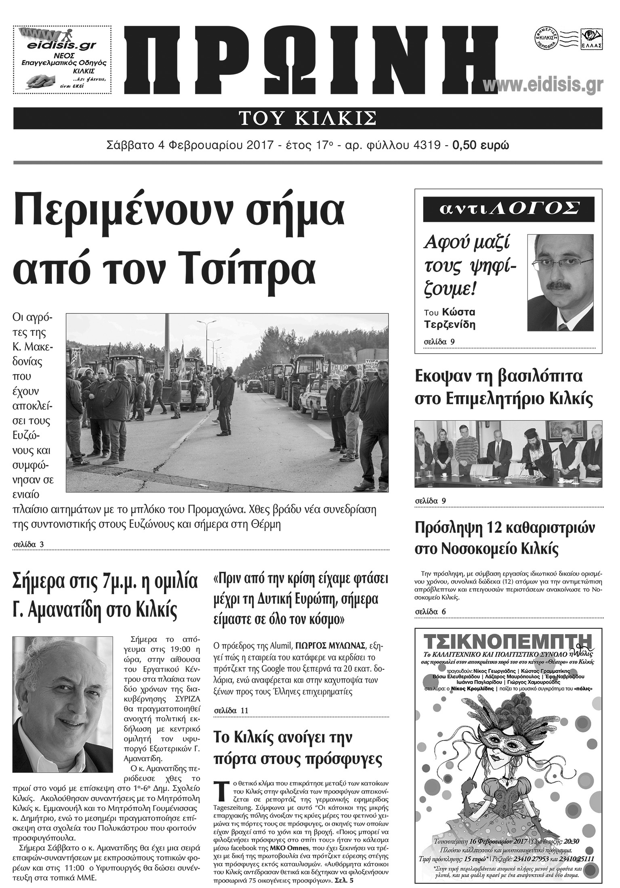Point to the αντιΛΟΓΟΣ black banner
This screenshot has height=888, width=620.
509,209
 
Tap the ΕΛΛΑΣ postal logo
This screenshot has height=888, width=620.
592,39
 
